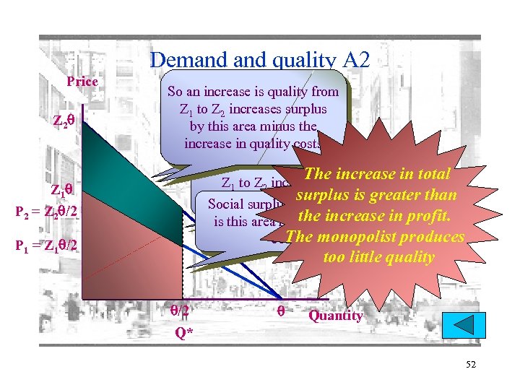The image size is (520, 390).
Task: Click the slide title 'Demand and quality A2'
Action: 259,60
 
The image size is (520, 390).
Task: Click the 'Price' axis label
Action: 82,82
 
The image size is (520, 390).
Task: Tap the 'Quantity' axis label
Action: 335,316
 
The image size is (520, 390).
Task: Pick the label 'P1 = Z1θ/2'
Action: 45,245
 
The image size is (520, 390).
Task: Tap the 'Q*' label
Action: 184,334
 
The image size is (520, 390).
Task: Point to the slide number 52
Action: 471,365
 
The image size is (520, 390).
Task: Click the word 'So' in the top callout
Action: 175,92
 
